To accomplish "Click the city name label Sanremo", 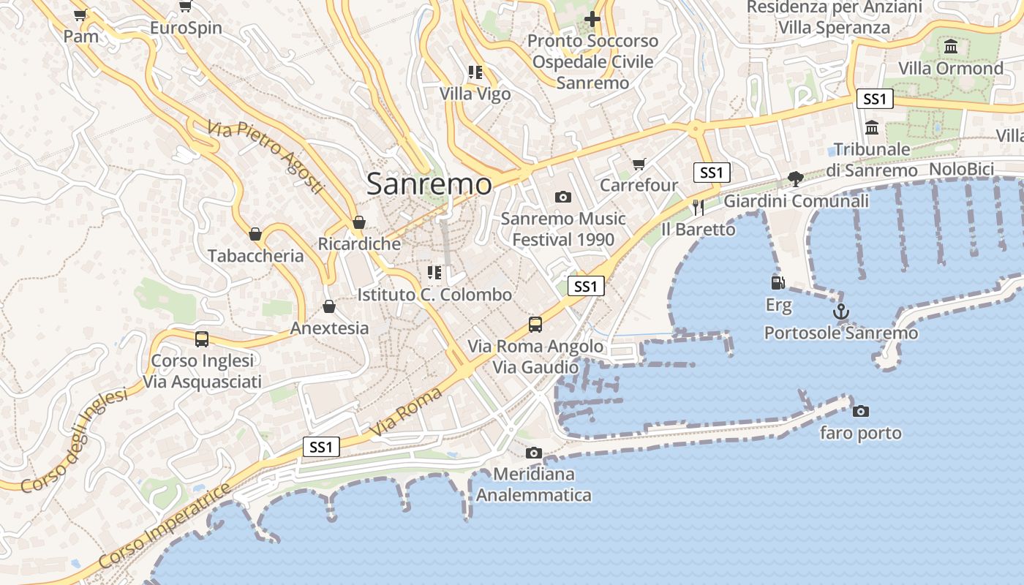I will coord(429,184).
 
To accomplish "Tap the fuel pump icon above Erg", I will coord(778,282).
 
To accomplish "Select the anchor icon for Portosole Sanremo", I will coord(841,312).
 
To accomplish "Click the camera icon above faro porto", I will coord(861,411).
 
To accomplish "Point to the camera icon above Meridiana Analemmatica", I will coord(534,453).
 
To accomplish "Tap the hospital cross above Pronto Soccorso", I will coord(592,19).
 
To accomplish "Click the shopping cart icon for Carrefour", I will coord(639,164).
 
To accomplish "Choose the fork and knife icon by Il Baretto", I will coord(698,208).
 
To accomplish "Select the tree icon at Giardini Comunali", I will coord(796,179).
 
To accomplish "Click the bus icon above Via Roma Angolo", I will coord(535,324).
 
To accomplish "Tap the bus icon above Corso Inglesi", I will coord(202,339).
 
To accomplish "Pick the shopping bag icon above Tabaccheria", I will coord(255,234).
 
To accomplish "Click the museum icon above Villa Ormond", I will coord(951,47).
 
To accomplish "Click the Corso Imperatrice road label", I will coord(164,526).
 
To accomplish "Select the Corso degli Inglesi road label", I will coord(73,440).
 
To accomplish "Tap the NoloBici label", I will coord(961,170).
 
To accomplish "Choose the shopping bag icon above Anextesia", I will coord(329,306).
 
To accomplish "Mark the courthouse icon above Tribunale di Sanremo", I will coord(872,128).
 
